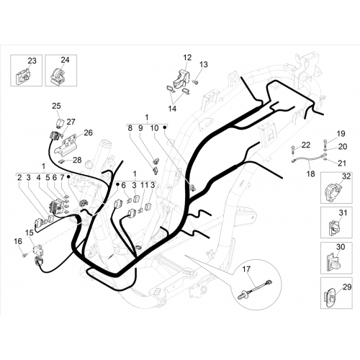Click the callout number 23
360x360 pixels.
[x=32, y=61]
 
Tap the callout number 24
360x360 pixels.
[x=65, y=60]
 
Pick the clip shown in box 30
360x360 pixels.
[x=334, y=261]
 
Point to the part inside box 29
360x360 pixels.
[x=330, y=297]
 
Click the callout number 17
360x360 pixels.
[x=246, y=269]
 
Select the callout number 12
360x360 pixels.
[x=187, y=58]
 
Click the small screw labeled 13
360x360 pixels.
[x=196, y=82]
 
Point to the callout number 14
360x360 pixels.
[x=172, y=109]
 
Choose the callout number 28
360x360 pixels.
[x=77, y=160]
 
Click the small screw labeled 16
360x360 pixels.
[x=24, y=256]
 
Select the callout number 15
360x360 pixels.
[x=30, y=233]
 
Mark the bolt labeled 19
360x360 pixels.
[x=325, y=144]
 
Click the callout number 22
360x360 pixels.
[x=306, y=145]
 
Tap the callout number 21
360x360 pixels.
[x=342, y=163]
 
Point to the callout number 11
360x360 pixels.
[x=145, y=185]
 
